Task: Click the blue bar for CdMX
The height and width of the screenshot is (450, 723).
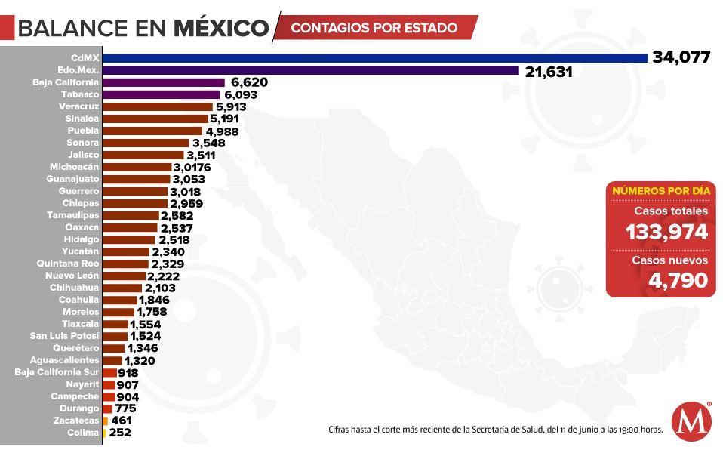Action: click(x=375, y=58)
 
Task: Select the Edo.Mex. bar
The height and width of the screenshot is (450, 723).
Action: click(x=310, y=70)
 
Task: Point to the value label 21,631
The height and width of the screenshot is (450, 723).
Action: click(x=549, y=71)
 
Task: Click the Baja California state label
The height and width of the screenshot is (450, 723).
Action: click(x=66, y=82)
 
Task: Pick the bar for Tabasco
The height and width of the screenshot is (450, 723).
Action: click(x=161, y=94)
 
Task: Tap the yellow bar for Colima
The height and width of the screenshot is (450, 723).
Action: click(x=104, y=433)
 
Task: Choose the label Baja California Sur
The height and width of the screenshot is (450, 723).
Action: click(x=57, y=372)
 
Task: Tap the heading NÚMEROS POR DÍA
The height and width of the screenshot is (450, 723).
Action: click(x=660, y=191)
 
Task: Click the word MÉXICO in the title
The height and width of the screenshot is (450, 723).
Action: click(x=221, y=28)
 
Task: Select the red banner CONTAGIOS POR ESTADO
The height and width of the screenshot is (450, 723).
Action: click(x=374, y=28)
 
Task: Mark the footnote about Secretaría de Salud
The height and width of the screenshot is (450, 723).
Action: click(x=495, y=430)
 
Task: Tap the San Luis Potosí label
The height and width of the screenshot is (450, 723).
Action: click(x=64, y=336)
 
